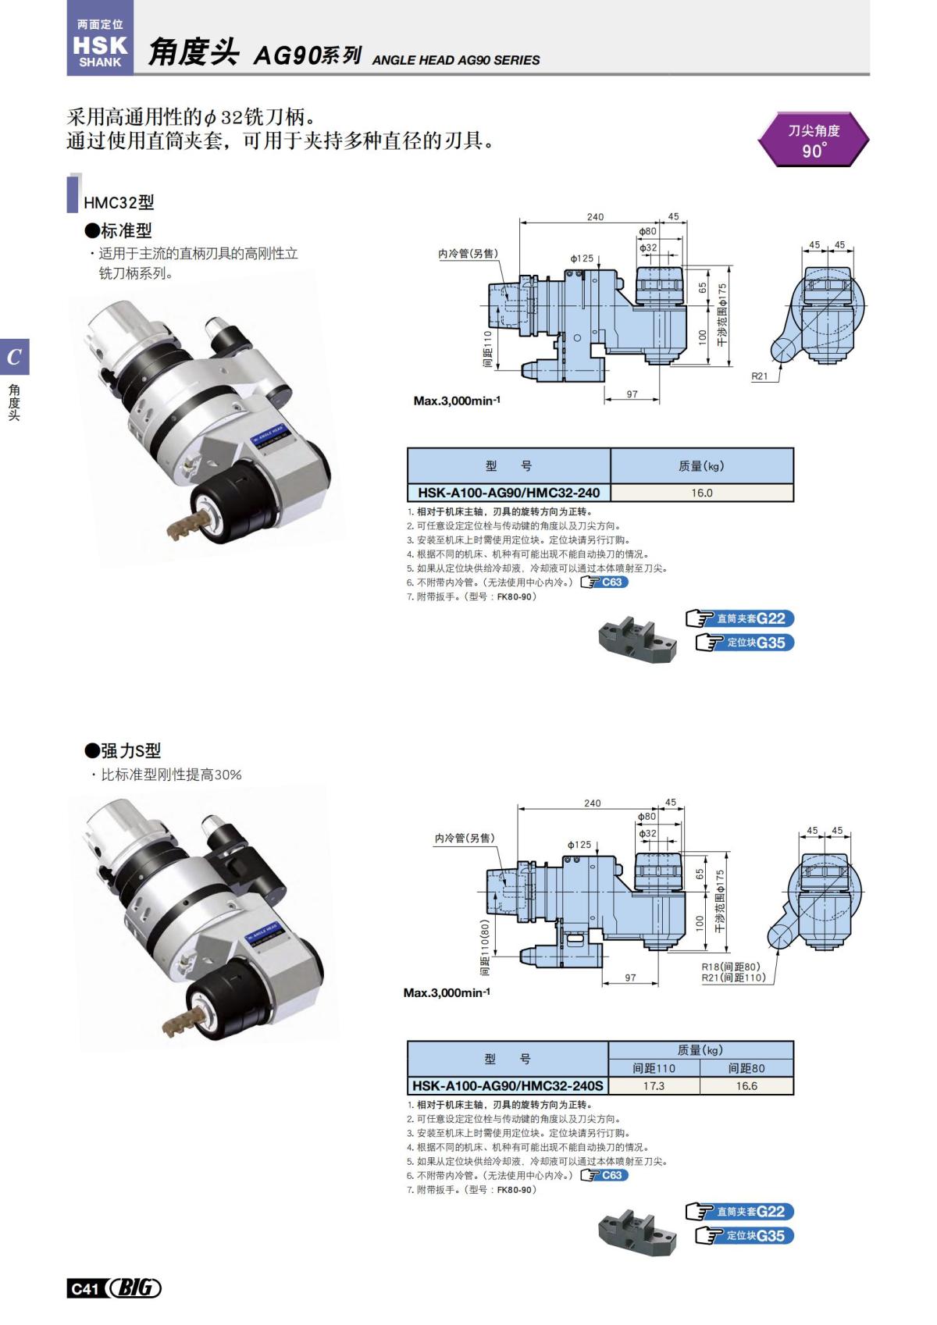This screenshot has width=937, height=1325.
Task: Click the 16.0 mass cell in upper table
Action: (701, 493)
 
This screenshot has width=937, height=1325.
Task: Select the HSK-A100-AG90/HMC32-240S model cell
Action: (508, 1085)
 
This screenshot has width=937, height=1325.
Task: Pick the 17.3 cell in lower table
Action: (654, 1085)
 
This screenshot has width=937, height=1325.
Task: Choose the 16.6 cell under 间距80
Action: (746, 1085)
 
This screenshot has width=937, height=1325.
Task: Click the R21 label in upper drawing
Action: (759, 376)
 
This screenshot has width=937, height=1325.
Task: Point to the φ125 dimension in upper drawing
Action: (581, 258)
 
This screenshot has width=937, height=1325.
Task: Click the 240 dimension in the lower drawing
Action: (593, 803)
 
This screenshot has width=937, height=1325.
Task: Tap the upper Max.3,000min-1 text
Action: (457, 401)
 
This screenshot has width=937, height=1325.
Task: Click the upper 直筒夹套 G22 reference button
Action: (741, 618)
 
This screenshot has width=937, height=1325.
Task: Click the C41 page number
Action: (84, 1288)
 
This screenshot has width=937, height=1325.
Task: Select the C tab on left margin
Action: (14, 358)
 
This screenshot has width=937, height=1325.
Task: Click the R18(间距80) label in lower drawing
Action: (730, 967)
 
